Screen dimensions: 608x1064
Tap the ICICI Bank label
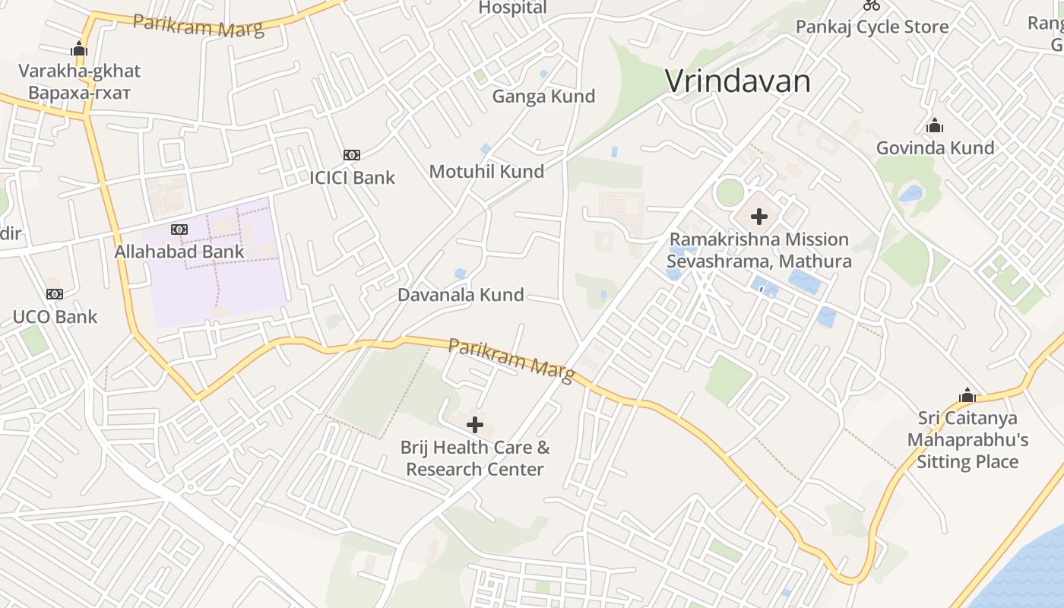coord(352,178)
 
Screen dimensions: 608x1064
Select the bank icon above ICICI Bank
coord(351,155)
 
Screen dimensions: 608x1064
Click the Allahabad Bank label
coord(179,252)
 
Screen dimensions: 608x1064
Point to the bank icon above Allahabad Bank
coord(179,230)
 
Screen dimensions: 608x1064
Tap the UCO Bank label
coord(55,317)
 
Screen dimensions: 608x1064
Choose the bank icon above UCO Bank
coord(54,294)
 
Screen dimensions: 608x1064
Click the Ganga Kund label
coord(543,97)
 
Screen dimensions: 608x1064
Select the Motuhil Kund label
coord(486,172)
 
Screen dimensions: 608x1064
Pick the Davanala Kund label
coord(461,295)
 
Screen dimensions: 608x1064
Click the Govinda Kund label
coord(935,148)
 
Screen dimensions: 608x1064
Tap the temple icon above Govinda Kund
coord(935,125)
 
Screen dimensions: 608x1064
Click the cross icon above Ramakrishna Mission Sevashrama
coord(758,217)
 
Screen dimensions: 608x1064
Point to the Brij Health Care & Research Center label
coord(475,458)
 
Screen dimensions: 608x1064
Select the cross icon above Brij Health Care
coord(475,425)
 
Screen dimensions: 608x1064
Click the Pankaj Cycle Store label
coord(872,27)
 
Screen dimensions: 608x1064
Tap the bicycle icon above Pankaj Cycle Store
coord(872,5)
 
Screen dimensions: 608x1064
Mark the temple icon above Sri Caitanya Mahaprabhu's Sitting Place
coord(967,395)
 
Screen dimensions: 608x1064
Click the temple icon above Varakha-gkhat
coord(79,49)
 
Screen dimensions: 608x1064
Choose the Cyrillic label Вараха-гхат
coord(80,93)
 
